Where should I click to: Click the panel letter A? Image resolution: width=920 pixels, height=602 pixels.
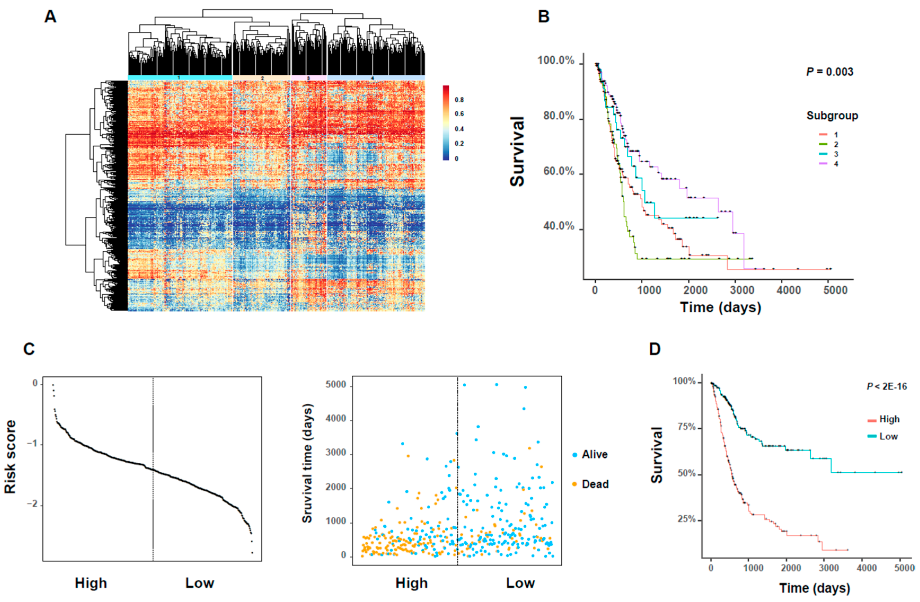(x=50, y=17)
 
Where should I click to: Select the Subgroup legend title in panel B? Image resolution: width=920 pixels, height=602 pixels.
(x=832, y=116)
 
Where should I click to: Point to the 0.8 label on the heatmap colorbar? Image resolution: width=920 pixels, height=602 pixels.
(x=459, y=100)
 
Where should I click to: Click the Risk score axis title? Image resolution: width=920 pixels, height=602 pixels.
(x=10, y=457)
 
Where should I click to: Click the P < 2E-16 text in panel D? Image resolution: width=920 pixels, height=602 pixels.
(x=886, y=386)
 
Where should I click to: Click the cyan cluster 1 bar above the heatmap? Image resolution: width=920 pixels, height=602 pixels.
(x=180, y=78)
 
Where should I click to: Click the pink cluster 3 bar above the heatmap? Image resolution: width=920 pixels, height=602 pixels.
(x=308, y=78)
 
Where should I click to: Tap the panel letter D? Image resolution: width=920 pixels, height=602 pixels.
(x=654, y=349)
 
